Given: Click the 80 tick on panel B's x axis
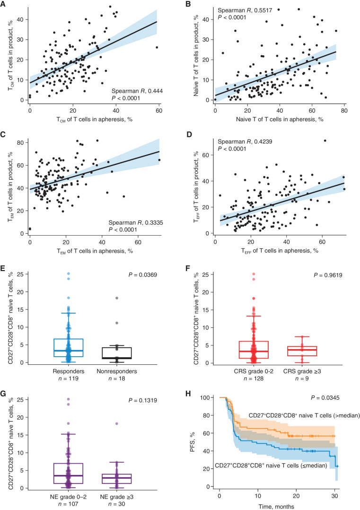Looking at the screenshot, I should (x=344, y=110).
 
